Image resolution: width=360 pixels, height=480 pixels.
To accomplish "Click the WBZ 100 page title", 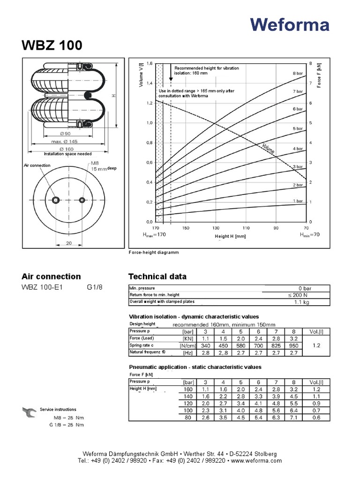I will (x=52, y=45).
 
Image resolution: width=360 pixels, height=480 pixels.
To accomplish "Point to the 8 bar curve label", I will (x=298, y=74).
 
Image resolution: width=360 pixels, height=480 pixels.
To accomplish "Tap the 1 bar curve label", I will (x=298, y=201).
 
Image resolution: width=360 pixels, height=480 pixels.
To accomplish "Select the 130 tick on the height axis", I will (x=216, y=228).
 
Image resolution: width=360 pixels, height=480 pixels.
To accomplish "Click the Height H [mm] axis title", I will (x=230, y=236).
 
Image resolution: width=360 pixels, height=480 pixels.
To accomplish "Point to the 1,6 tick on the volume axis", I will (x=150, y=63).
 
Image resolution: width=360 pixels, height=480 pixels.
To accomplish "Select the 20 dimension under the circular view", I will (x=69, y=243).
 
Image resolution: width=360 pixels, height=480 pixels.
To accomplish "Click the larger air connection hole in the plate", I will (x=56, y=200).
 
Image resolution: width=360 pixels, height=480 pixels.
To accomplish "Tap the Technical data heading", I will (x=157, y=277).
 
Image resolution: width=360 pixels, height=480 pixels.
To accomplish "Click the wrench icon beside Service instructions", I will (x=29, y=412).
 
